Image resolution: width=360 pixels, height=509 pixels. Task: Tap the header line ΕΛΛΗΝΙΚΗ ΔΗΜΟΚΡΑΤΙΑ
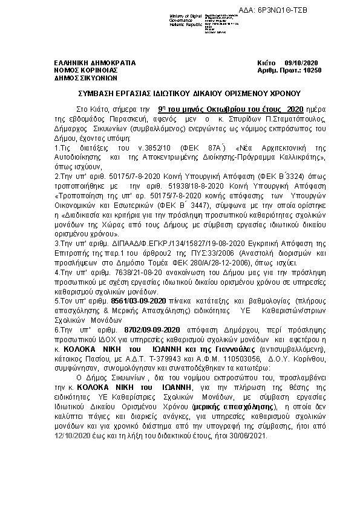(x=95, y=63)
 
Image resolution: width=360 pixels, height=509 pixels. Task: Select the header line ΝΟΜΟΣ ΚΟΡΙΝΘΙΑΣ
(x=86, y=71)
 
